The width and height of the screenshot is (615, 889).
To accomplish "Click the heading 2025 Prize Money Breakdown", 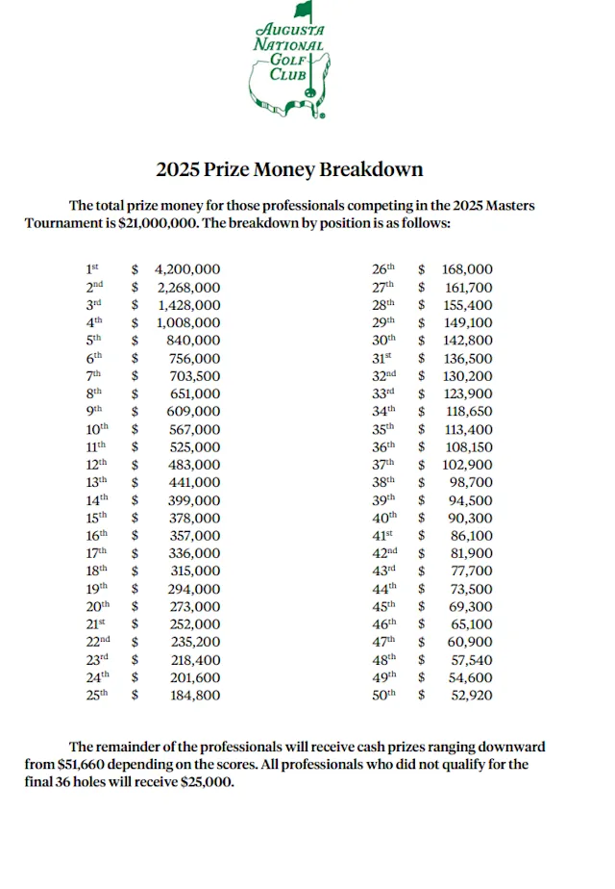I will click(289, 169).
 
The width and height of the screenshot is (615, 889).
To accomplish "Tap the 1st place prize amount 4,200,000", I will click(187, 269).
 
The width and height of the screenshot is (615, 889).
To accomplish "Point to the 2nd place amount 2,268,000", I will click(189, 287).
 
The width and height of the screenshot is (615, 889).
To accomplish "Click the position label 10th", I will click(97, 429).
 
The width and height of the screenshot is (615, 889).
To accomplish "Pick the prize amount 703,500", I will click(196, 376).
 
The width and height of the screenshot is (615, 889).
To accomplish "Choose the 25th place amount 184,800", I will click(196, 695).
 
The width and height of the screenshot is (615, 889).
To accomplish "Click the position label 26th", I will click(383, 269).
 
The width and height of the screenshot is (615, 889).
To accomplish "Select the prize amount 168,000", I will click(467, 269).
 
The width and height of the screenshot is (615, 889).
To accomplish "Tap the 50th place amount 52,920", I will click(472, 695).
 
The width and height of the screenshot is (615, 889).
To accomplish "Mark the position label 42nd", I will click(384, 553).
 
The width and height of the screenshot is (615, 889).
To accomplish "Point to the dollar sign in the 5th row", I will click(135, 341).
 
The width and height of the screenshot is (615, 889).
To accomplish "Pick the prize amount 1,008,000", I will click(189, 322).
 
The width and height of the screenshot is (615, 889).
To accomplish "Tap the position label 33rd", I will click(383, 394).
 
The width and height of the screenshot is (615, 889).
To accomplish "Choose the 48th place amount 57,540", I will click(472, 659).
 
